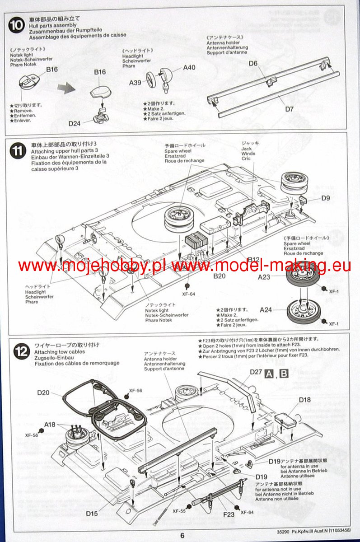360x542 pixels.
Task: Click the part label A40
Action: click(189, 68)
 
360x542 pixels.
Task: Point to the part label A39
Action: click(136, 83)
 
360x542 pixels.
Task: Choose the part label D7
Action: click(290, 109)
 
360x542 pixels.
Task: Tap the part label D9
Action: click(326, 198)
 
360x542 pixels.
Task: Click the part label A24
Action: click(266, 310)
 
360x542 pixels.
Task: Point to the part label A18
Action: click(50, 424)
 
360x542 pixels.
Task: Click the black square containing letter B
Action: click(284, 374)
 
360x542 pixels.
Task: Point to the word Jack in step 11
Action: click(246, 148)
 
